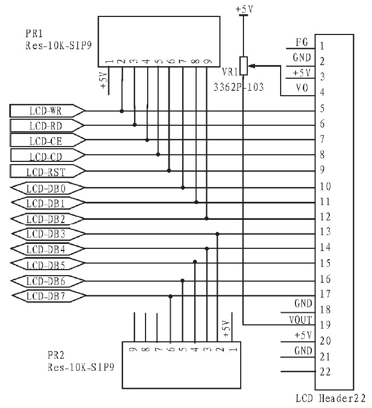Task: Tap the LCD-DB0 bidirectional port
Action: click(47, 188)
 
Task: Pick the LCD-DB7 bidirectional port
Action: click(47, 296)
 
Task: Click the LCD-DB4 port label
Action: click(47, 250)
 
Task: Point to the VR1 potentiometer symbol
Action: click(244, 66)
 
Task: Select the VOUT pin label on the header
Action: click(300, 319)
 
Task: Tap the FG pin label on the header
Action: click(301, 43)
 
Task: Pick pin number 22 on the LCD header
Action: click(325, 371)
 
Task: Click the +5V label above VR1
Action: click(243, 9)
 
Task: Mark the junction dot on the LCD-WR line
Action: click(122, 111)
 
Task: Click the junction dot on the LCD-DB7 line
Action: click(171, 296)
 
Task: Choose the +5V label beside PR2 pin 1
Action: click(225, 329)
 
